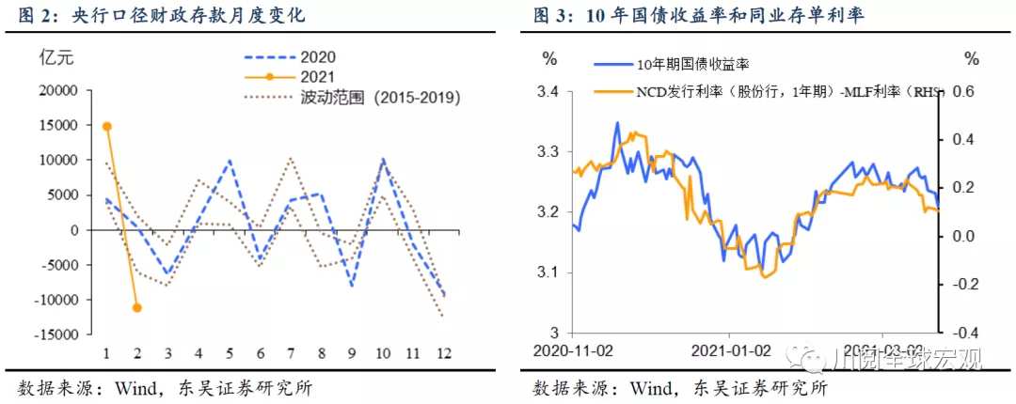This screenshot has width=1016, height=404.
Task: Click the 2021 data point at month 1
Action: coord(107,126)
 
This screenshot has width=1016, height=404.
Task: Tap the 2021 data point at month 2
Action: coord(137,307)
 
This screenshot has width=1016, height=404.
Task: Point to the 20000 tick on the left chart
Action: coord(57,90)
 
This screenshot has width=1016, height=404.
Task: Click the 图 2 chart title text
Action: coord(160,17)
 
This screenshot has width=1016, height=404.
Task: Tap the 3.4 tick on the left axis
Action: coord(548,91)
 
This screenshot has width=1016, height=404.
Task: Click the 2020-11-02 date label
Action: coord(573,350)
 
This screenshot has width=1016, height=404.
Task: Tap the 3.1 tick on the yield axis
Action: coord(548,272)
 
